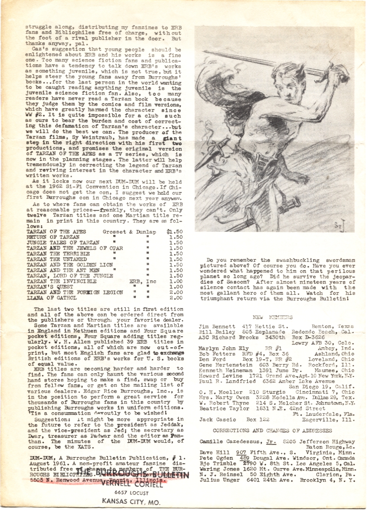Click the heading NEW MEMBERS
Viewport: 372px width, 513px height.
click(x=273, y=317)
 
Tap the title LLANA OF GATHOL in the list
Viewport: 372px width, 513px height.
click(x=51, y=298)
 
